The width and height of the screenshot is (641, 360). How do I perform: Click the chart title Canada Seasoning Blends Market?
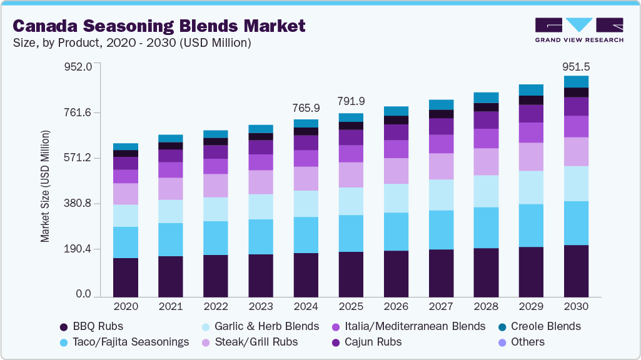click(x=159, y=26)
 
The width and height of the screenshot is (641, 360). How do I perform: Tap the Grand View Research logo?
click(x=578, y=30)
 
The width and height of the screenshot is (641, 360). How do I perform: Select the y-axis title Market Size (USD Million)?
click(x=45, y=186)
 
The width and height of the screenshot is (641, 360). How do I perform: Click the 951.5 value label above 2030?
click(x=576, y=66)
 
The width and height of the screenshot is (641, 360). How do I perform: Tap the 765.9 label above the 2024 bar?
click(x=306, y=108)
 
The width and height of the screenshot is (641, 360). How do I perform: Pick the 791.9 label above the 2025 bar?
click(x=351, y=101)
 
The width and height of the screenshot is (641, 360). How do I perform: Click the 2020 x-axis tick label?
click(x=126, y=307)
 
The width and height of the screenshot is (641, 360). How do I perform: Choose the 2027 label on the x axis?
click(x=441, y=307)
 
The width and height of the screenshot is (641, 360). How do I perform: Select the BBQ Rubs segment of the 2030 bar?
click(x=576, y=271)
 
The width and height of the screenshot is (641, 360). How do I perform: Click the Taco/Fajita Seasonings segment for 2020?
click(x=126, y=242)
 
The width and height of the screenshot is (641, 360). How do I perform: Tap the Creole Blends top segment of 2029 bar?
click(x=531, y=89)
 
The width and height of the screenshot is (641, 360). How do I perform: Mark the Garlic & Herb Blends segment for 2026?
click(x=396, y=198)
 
